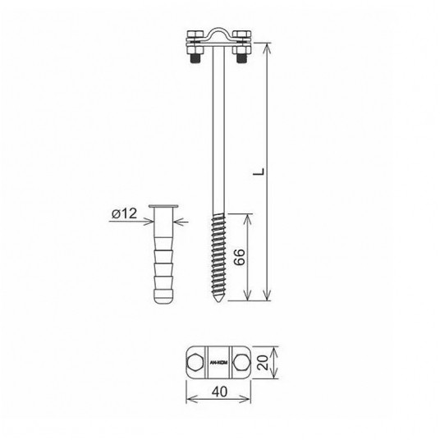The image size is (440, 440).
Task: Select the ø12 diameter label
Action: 123,214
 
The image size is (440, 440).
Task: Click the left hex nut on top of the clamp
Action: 193,36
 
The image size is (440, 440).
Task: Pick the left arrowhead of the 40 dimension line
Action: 188,401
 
